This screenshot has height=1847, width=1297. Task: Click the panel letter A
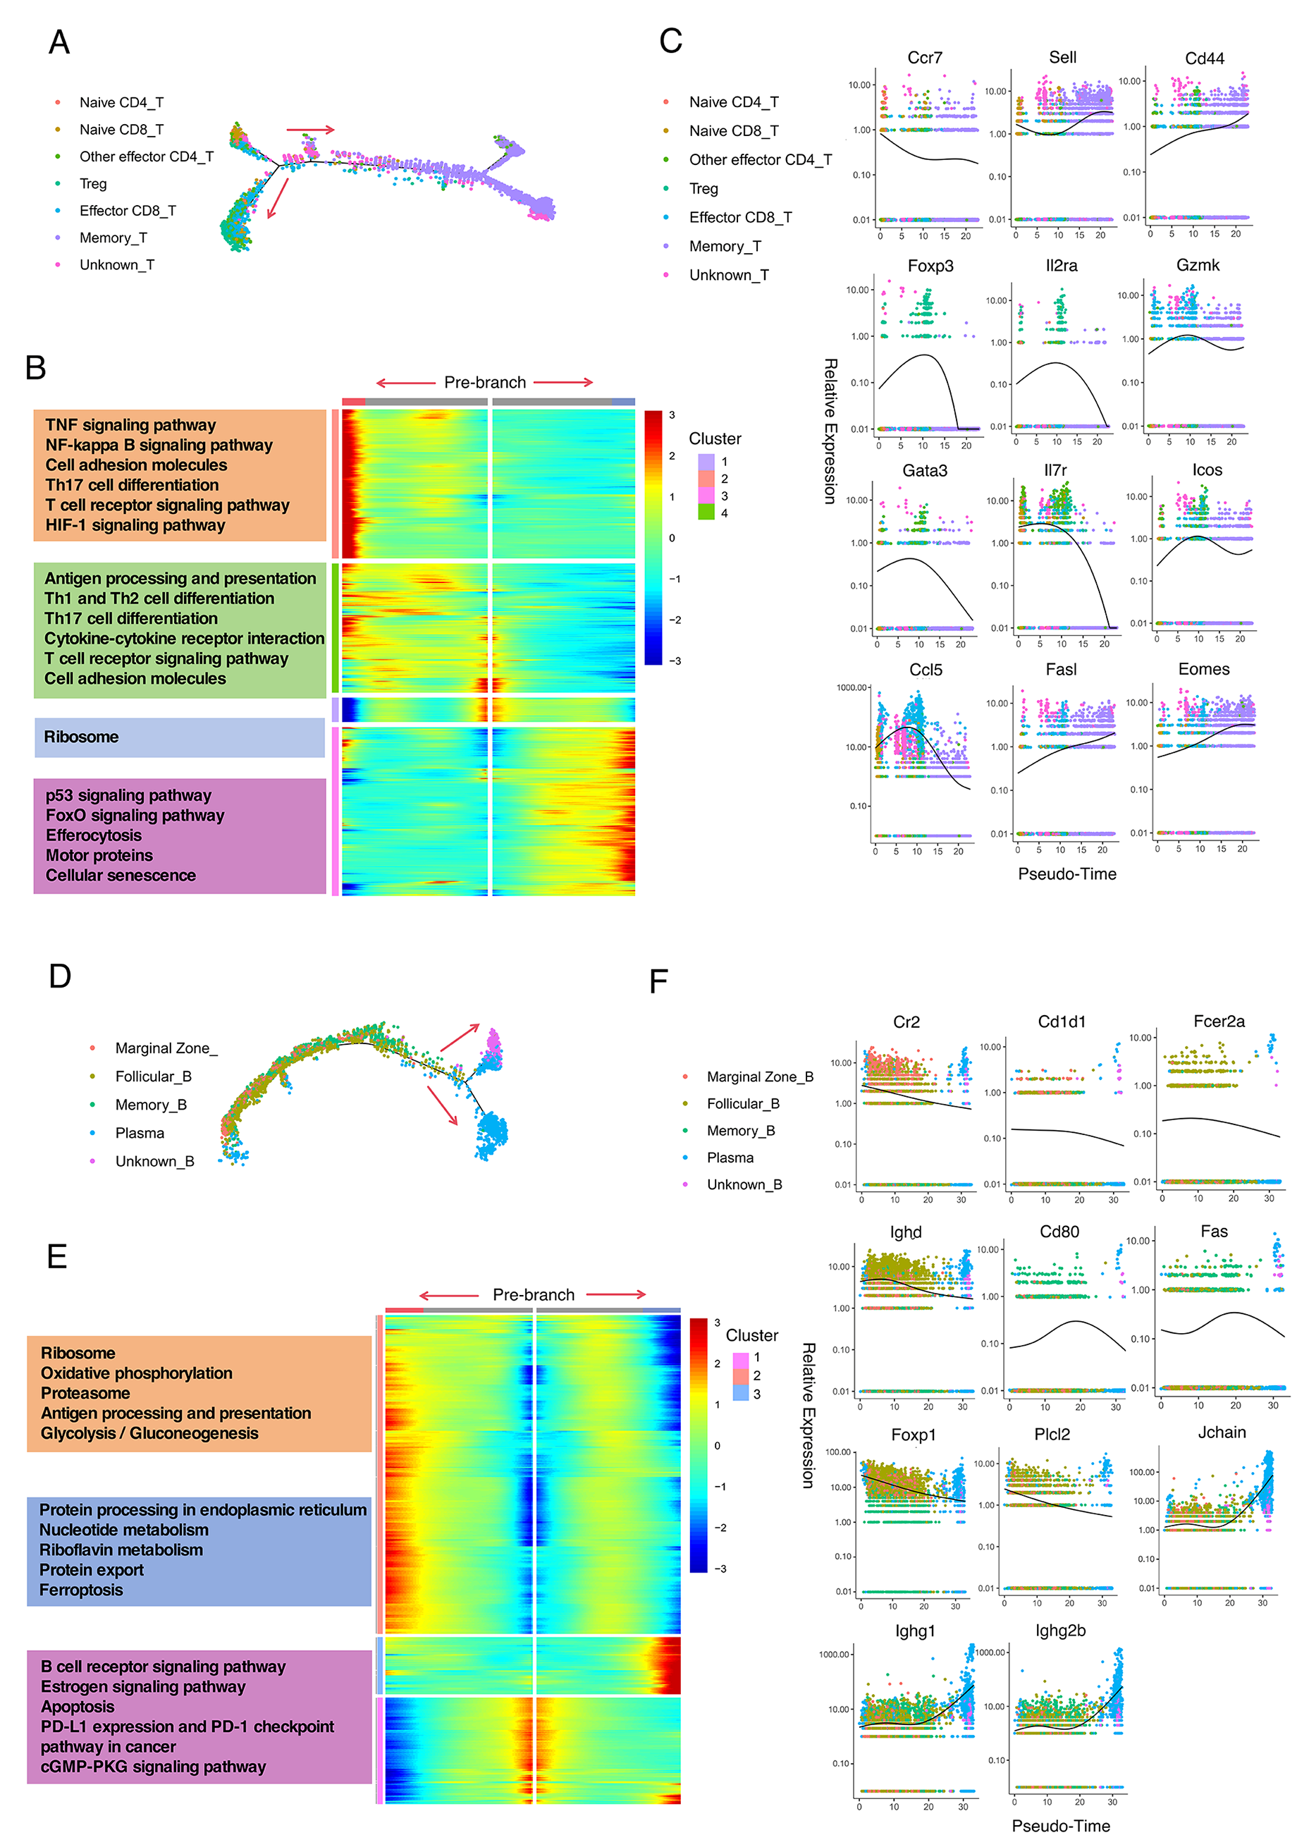59,42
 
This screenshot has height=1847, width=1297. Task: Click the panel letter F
658,981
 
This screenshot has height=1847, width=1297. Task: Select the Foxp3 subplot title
930,266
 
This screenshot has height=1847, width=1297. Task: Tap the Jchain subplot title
1222,1432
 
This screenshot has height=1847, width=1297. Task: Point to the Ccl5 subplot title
926,670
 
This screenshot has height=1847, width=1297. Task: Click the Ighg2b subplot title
1059,1631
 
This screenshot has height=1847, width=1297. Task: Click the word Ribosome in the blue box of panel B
81,737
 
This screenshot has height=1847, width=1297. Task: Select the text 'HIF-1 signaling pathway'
135,525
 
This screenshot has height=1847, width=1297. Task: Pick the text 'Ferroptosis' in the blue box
81,1590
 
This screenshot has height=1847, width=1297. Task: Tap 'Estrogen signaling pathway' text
143,1686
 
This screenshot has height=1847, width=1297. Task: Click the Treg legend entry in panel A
92,183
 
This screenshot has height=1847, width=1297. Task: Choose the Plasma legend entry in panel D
139,1133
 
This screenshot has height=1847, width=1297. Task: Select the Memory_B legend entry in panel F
740,1130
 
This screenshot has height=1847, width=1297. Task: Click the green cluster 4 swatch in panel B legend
706,513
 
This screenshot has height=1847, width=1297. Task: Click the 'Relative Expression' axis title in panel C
830,431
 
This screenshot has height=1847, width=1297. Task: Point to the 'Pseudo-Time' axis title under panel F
1060,1826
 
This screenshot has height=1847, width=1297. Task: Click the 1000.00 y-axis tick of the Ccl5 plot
853,688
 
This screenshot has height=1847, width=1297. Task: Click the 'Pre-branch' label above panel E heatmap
534,1294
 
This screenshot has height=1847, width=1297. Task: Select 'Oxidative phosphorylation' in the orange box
137,1373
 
